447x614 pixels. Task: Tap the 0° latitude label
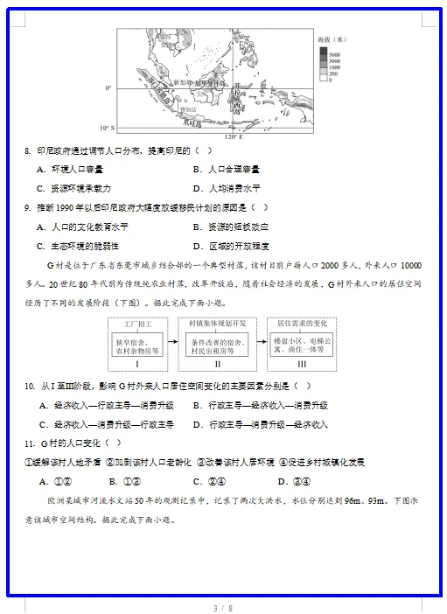click(x=108, y=88)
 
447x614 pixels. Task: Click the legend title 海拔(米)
click(x=332, y=39)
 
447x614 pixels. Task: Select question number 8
click(x=28, y=150)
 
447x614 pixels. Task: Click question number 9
click(x=28, y=207)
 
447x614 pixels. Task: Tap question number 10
click(x=30, y=386)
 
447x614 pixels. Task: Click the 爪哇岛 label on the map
click(x=186, y=123)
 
